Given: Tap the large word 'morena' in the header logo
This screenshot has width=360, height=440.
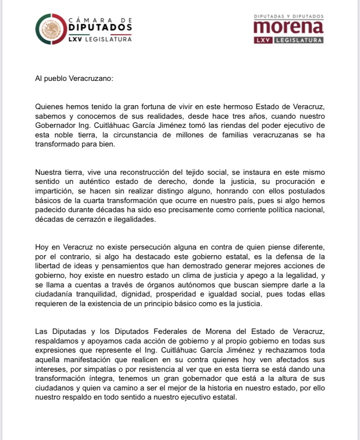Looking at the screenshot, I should [288, 27].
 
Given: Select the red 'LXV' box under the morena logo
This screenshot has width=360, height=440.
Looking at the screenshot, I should [264, 40].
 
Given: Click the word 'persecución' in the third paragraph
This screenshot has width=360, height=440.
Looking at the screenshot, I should [140, 248].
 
